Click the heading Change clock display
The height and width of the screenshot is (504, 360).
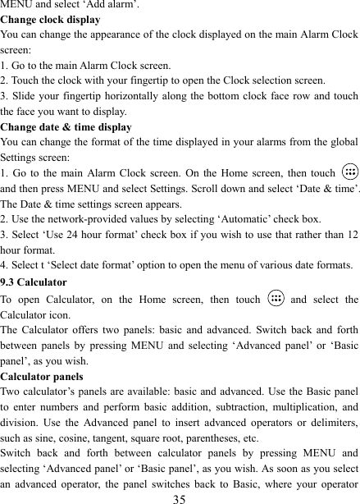click(51, 20)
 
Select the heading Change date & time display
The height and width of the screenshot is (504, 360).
click(66, 127)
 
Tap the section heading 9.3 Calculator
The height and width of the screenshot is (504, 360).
click(39, 282)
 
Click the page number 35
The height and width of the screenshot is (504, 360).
click(180, 497)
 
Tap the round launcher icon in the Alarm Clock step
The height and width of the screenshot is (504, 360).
click(349, 172)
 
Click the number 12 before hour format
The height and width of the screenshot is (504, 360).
click(350, 235)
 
